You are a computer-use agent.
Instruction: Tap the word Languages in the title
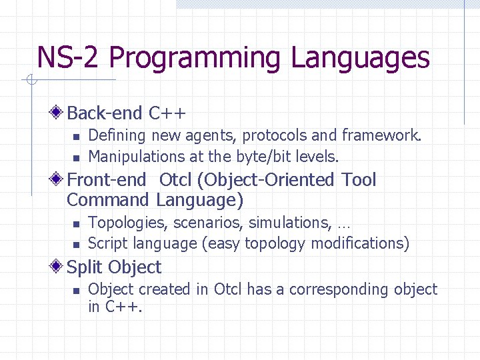360,58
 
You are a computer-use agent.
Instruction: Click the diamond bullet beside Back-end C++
59,112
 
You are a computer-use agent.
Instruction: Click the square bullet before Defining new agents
76,137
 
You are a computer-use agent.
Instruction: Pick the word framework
381,136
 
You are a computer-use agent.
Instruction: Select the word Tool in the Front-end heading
359,180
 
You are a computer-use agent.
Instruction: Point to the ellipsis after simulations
344,225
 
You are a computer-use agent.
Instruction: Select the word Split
85,268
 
